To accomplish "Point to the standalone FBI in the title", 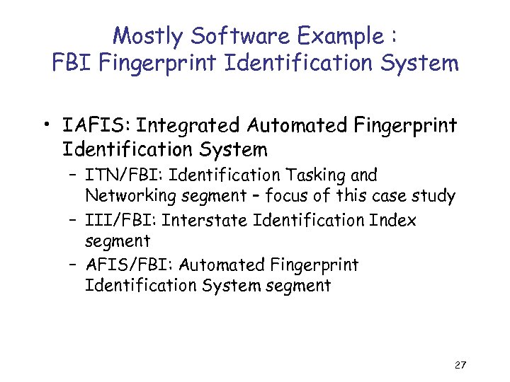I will click(74, 64).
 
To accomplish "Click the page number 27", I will click(459, 365).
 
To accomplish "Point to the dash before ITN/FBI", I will click(74, 175).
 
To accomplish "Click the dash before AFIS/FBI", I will click(74, 266).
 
